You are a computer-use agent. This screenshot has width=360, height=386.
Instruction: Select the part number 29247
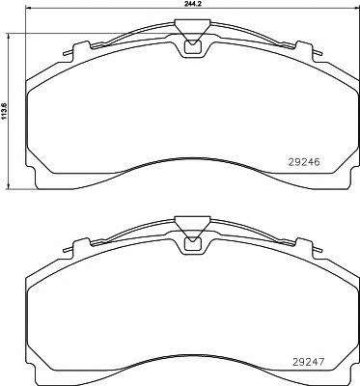pos(309,363)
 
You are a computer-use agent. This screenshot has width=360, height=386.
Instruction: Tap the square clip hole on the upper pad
pos(192,47)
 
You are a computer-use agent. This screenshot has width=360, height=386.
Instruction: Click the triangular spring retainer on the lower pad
pos(192,229)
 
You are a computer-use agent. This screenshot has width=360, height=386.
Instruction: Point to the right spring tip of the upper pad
pos(318,53)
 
